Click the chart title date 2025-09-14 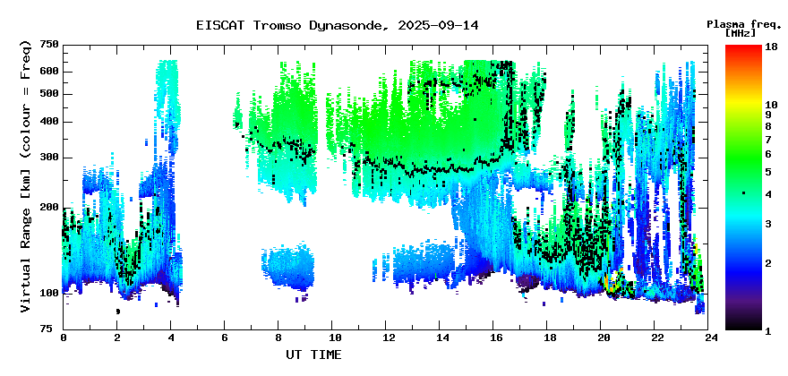click(438, 25)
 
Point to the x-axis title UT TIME click(313, 355)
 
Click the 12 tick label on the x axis click(385, 337)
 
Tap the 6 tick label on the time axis click(224, 337)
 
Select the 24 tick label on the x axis click(708, 337)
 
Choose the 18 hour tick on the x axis click(547, 337)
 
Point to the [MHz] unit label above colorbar click(741, 33)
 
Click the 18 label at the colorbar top click(771, 47)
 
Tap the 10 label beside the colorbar click(771, 105)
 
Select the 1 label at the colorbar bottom click(768, 331)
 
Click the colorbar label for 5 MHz click(768, 172)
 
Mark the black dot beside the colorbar click(743, 193)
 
